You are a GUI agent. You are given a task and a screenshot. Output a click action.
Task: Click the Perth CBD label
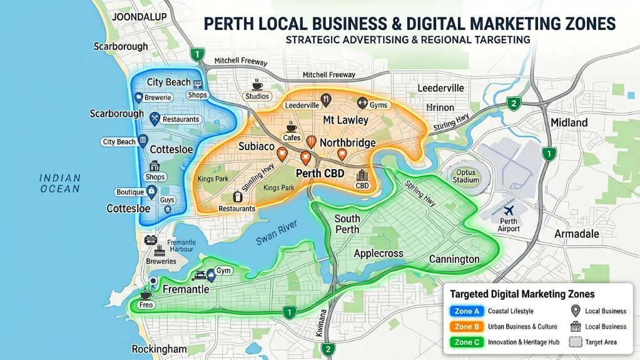tap(319, 173)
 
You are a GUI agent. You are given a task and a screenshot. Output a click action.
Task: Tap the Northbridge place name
tap(348, 143)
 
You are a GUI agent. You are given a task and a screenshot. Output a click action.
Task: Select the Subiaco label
tap(257, 146)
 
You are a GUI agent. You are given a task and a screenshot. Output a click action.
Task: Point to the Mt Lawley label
tap(346, 120)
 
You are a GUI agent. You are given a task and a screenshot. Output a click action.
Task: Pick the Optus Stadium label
tap(466, 176)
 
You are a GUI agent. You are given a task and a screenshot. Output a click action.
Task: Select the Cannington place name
tap(454, 259)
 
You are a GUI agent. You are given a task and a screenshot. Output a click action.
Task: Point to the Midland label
tap(569, 122)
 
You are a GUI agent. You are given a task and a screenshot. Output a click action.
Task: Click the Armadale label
tap(577, 234)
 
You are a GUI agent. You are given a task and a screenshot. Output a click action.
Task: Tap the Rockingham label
tap(160, 349)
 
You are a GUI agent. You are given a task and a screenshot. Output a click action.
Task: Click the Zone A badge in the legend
tap(467, 311)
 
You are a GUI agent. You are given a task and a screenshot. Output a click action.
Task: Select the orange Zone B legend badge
tap(467, 327)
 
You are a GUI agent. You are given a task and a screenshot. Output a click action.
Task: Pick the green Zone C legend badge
tap(467, 342)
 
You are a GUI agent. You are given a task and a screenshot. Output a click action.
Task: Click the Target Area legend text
tap(601, 342)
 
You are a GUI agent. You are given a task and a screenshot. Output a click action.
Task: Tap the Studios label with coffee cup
tap(257, 96)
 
